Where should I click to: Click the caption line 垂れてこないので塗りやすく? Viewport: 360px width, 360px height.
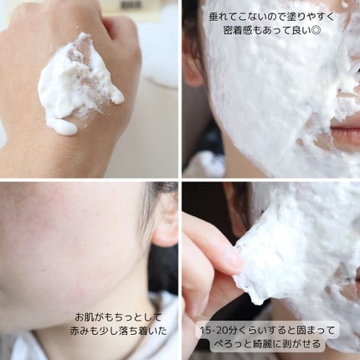coord(271,18)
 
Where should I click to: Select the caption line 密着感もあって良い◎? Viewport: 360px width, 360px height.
coord(271,31)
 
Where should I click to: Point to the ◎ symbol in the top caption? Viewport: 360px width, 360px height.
coord(315,32)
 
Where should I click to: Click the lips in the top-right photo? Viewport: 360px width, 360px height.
coord(346,131)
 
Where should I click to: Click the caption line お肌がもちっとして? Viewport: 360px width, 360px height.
coord(118,317)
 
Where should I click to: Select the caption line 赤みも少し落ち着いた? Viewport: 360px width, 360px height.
coord(118,331)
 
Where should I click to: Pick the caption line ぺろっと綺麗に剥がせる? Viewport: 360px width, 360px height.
coord(268,344)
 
